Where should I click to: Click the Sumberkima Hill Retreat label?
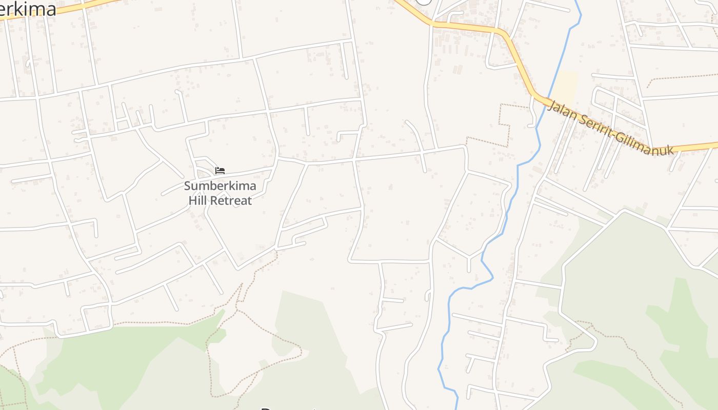[x=220, y=193]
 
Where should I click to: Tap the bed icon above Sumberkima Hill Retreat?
[x=220, y=170]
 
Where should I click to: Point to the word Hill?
[x=197, y=200]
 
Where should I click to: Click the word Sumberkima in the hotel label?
[x=220, y=186]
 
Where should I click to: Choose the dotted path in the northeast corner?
[x=682, y=75]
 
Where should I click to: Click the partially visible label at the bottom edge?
[x=287, y=408]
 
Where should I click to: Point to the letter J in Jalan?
[x=551, y=105]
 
